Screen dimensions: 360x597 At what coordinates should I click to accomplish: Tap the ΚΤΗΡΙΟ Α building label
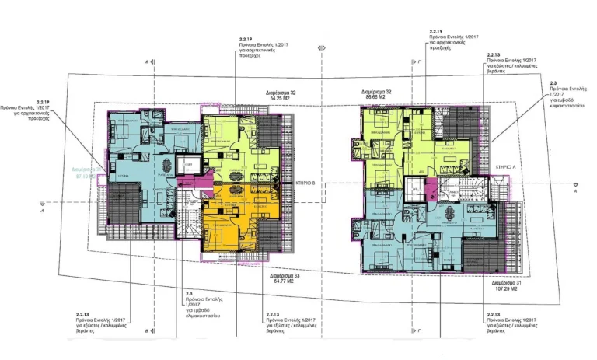tap(490, 166)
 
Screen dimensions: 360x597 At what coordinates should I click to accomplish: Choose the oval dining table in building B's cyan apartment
tap(166, 165)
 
